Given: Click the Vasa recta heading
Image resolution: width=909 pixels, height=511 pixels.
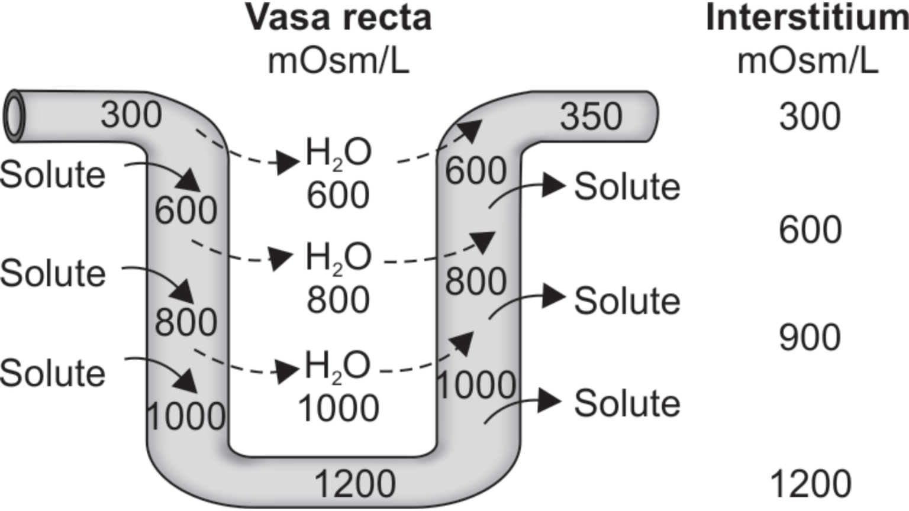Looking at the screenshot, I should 339,18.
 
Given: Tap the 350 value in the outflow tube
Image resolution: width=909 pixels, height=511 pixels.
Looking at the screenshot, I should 591,116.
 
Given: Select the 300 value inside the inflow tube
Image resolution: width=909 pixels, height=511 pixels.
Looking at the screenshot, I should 131,114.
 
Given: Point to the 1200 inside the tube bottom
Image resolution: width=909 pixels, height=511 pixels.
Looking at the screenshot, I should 354,484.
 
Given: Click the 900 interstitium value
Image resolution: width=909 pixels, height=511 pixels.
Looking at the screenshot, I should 810,337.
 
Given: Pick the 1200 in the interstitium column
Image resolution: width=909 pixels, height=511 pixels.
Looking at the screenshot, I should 810,484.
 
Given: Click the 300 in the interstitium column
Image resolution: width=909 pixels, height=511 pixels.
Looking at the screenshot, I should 810,116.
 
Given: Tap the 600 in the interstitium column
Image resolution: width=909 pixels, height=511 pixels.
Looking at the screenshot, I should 810,229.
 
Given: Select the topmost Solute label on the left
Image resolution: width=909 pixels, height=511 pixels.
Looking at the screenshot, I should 53,174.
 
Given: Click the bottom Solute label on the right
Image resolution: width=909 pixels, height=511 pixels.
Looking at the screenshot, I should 627,403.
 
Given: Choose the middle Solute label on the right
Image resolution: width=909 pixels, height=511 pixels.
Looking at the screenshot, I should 627,300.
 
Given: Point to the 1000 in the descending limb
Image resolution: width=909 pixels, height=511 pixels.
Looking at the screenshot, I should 186,416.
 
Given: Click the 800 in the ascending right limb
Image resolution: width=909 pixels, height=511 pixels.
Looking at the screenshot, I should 476,281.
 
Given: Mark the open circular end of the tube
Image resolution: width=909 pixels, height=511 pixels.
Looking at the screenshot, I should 14,116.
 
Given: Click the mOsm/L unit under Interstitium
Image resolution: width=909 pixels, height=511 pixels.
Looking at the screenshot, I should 807,60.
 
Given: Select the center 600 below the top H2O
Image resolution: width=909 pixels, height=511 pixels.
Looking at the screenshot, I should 338,195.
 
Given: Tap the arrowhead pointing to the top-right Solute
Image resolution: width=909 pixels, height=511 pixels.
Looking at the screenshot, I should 554,185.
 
